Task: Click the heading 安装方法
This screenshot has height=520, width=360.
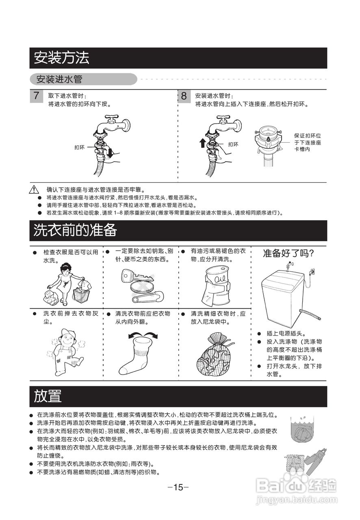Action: point(61,58)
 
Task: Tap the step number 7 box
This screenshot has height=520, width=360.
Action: point(37,96)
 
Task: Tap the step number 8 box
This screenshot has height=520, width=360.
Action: point(184,96)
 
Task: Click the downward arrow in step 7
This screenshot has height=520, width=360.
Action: point(109,153)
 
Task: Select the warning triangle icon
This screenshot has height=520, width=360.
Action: point(34,190)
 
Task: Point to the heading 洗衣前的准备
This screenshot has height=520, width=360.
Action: point(75,230)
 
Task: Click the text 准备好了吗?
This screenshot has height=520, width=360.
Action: point(288,253)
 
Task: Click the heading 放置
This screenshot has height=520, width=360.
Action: point(48,396)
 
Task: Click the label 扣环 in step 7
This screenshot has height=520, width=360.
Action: point(79,147)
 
